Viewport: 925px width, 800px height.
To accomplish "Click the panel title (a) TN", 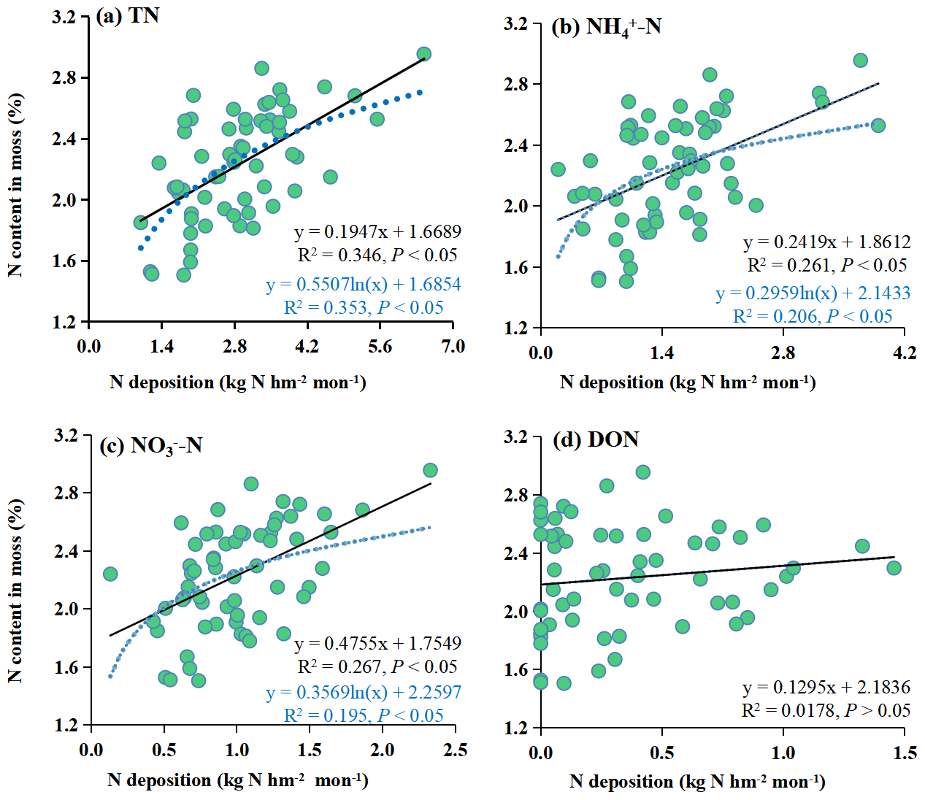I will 128,16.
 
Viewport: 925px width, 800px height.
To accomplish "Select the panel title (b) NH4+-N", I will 606,27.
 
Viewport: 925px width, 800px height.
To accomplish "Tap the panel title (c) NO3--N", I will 150,445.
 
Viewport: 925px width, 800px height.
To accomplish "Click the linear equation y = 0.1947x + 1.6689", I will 377,231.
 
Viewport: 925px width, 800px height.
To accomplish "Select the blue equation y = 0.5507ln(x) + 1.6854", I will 363,284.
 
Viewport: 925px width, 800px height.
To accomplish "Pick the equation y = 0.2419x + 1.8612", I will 826,242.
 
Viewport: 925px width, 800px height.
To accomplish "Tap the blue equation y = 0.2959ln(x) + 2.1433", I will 813,293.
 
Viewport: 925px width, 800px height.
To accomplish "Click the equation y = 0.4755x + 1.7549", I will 377,643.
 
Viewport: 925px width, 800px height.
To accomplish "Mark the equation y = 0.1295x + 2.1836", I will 826,687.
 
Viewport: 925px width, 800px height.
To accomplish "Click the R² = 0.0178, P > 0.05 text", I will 826,710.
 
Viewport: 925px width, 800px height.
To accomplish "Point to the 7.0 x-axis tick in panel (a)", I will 453,346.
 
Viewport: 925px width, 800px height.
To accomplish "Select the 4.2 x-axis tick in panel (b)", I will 904,353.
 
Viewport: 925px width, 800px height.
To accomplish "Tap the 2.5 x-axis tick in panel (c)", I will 455,750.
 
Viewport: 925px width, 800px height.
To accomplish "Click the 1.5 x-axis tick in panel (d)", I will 905,753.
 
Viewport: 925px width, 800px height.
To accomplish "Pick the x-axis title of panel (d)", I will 697,782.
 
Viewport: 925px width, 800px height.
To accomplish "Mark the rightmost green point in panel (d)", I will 894,567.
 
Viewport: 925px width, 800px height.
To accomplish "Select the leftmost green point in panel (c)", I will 110,574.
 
